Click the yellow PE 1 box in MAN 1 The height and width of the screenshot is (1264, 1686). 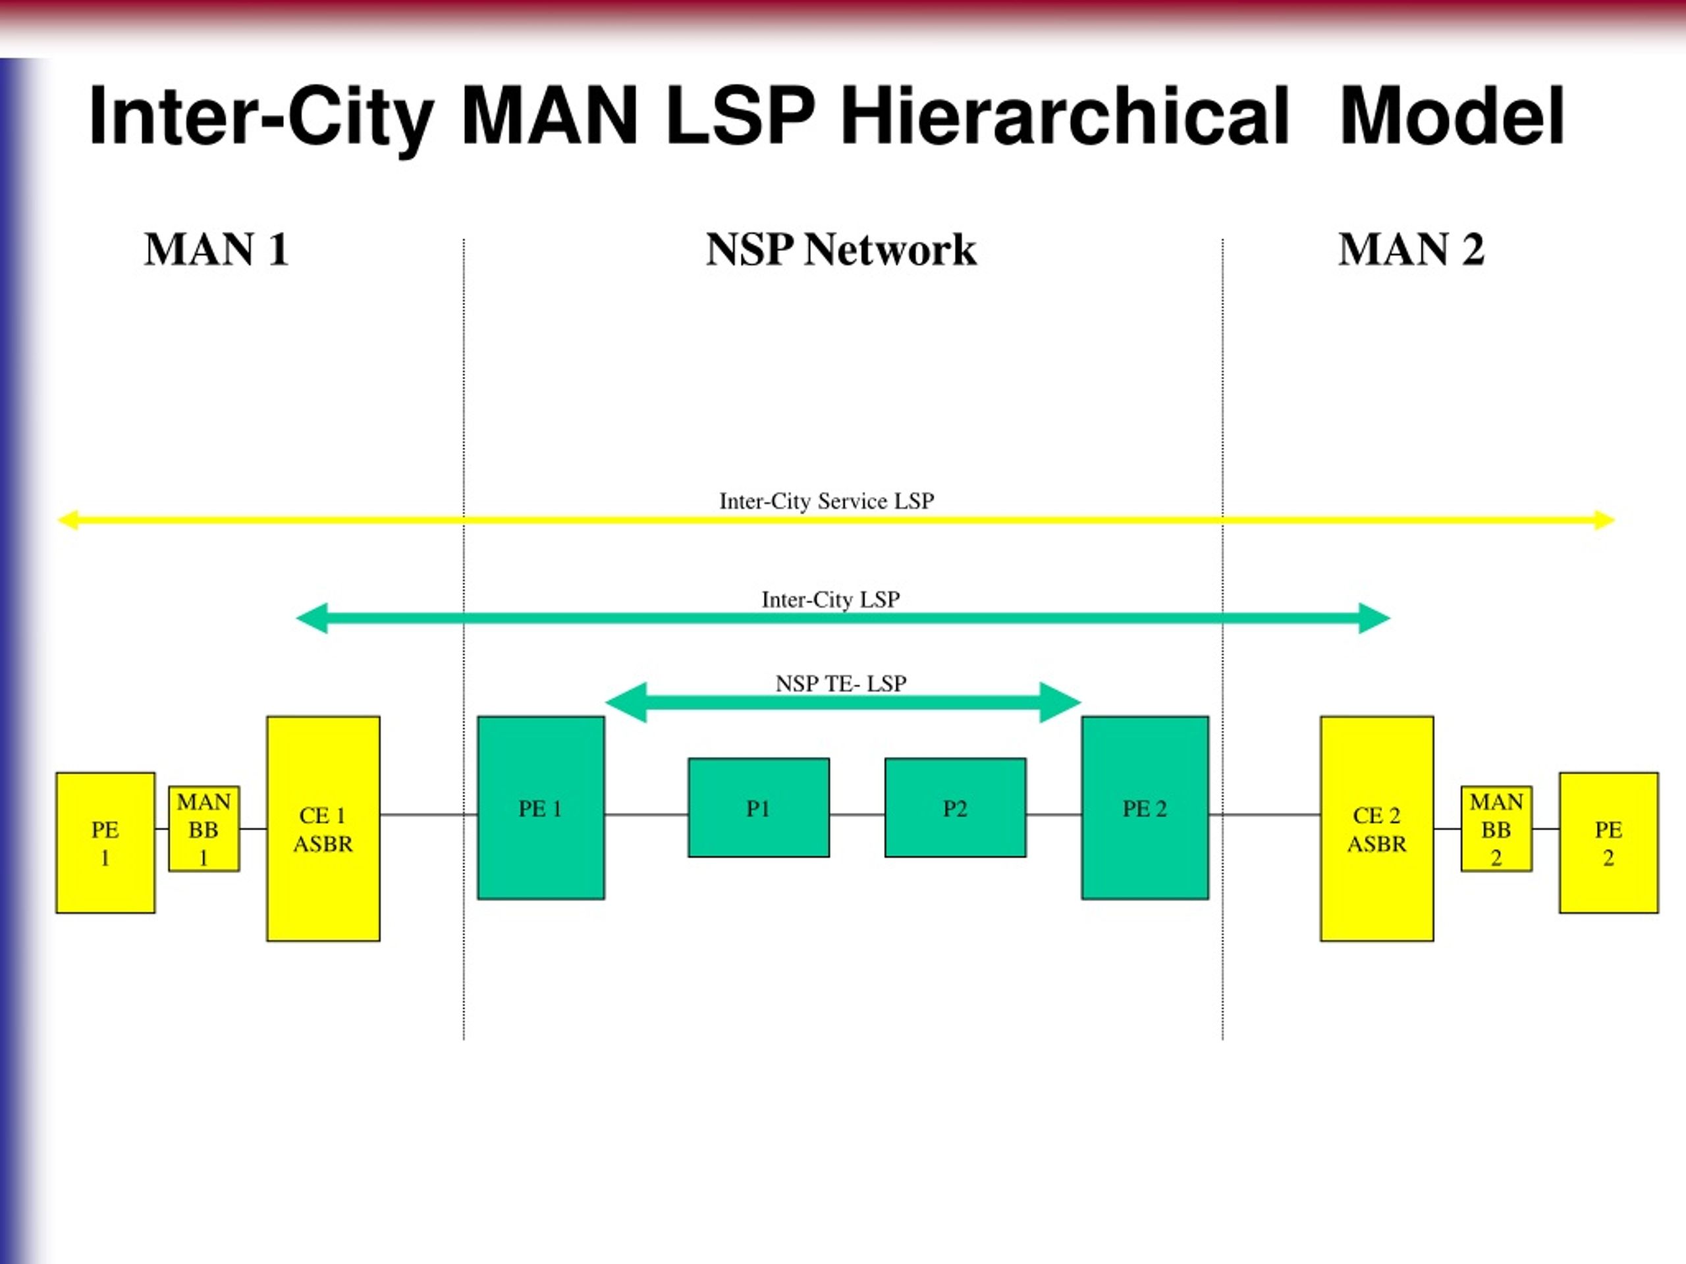point(105,843)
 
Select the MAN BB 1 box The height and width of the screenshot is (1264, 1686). point(204,829)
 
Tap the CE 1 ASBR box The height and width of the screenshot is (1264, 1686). point(323,829)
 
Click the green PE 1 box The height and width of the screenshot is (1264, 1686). point(541,808)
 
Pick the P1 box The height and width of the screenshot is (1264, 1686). point(759,808)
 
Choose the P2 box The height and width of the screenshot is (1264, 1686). point(955,808)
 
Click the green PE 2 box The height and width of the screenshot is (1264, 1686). point(1145,808)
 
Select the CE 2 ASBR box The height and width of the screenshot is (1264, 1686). point(1376,829)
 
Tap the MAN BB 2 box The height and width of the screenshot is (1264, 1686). point(1496,829)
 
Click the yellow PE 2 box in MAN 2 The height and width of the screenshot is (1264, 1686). point(1608,843)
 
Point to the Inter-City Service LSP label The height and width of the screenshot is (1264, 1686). point(827,502)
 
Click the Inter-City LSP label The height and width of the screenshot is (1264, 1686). point(830,600)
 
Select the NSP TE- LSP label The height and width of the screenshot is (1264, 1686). point(842,683)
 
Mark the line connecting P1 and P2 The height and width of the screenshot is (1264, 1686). point(857,814)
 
